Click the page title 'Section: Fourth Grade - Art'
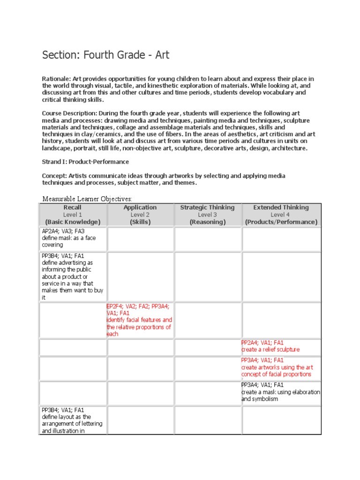[x=105, y=55]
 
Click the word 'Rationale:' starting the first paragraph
[x=56, y=79]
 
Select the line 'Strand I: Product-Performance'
[x=85, y=162]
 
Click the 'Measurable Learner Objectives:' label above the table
[x=87, y=199]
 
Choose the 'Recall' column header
[x=73, y=207]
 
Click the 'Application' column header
[x=140, y=207]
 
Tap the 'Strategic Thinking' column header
[x=207, y=207]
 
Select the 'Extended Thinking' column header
[x=281, y=207]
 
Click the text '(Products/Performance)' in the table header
[x=281, y=222]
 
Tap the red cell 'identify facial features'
[x=139, y=323]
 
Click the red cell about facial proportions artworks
[x=277, y=371]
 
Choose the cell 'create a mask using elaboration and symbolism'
[x=280, y=395]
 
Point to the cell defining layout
[x=72, y=423]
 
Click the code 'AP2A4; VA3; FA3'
[x=63, y=231]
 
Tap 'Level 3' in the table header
[x=207, y=215]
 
